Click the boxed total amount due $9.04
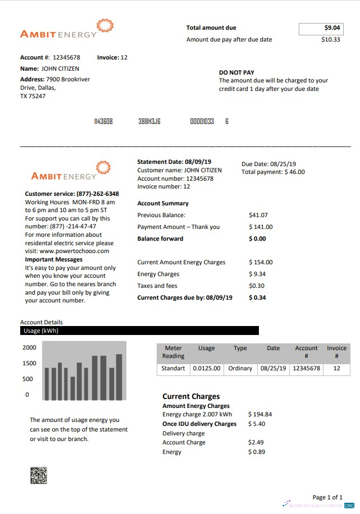(321, 28)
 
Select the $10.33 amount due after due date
(330, 40)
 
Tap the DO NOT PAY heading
(236, 72)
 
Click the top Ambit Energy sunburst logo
(105, 26)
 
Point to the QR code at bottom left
(39, 475)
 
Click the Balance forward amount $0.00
(257, 238)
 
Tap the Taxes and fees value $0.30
(257, 286)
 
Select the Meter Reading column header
(173, 352)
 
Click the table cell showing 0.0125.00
(207, 369)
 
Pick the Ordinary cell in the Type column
(240, 369)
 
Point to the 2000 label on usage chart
(29, 348)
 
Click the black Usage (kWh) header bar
(139, 331)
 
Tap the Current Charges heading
(191, 396)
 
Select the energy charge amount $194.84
(260, 415)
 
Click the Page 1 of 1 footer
(327, 497)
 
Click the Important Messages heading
(53, 260)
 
